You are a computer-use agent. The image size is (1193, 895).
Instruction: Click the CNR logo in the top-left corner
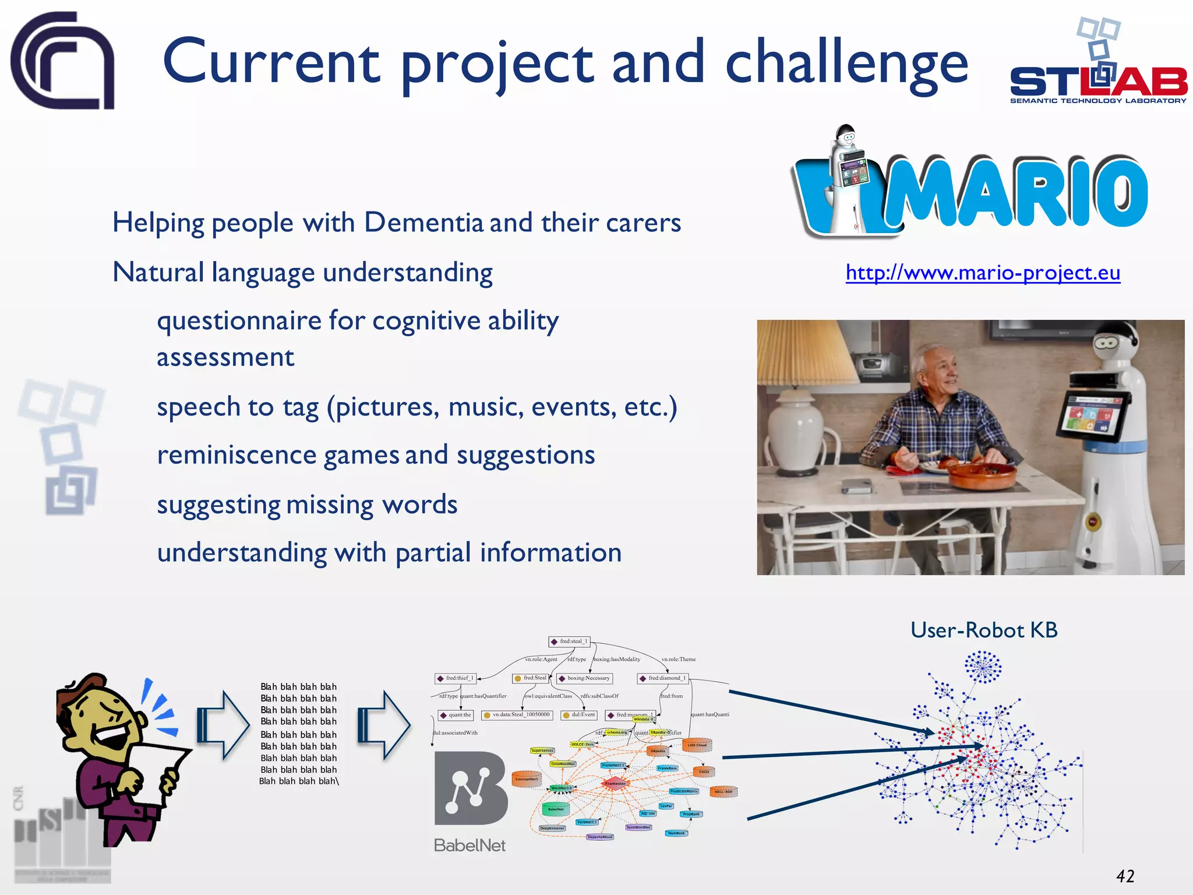(x=62, y=61)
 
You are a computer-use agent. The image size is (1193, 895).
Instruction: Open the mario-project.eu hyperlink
(x=983, y=273)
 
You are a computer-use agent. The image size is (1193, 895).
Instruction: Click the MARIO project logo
(x=970, y=186)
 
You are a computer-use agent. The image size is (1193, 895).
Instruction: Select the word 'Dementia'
(x=424, y=223)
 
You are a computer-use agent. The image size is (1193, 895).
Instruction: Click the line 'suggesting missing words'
(x=307, y=505)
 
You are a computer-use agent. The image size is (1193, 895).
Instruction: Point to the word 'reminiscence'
(x=237, y=455)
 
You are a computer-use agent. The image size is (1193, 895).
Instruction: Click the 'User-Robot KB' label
(x=983, y=630)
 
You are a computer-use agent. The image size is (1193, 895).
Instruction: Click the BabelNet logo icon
(x=471, y=788)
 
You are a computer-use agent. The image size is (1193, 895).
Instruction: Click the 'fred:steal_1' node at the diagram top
(x=570, y=642)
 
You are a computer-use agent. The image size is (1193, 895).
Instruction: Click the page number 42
(x=1125, y=876)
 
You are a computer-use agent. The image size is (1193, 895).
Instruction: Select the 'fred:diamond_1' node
(x=663, y=678)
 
